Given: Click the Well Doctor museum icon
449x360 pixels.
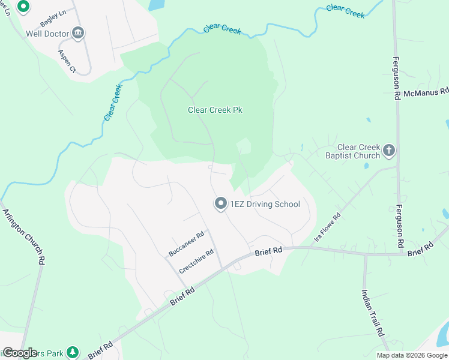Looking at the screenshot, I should click(78, 33).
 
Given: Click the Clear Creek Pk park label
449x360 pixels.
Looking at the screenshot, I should click(215, 110).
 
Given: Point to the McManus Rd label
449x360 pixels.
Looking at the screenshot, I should click(426, 92).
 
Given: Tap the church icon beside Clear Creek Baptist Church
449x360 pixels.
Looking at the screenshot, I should click(389, 150).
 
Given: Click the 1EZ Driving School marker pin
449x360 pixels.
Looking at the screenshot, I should click(220, 204).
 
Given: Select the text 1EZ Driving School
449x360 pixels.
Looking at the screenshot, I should click(265, 204).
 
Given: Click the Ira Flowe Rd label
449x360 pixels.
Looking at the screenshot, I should click(327, 228).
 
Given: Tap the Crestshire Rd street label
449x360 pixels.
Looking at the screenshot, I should click(196, 261).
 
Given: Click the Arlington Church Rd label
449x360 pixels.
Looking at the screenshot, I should click(25, 236).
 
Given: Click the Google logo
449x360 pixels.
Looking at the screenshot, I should click(20, 352).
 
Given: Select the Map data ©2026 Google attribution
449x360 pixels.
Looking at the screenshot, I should click(412, 355).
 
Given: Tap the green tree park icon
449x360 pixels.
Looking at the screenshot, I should click(73, 352).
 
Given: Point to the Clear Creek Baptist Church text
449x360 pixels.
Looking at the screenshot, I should click(358, 151).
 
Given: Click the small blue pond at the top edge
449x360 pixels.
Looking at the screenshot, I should click(155, 5).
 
